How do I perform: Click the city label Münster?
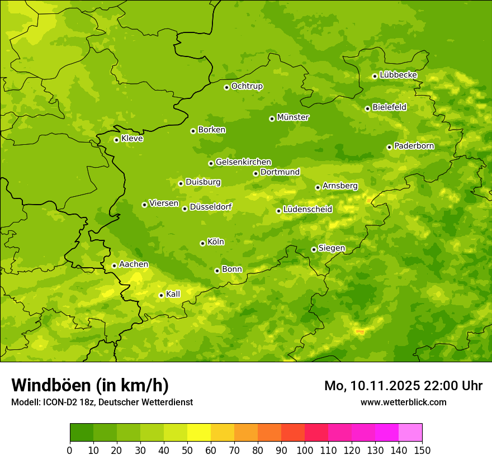tap(292, 117)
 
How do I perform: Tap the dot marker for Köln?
tap(202, 243)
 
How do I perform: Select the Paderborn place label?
tap(414, 146)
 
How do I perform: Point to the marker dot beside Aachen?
tap(114, 266)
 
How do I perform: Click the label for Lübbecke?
tap(398, 75)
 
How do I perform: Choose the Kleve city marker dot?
tap(116, 140)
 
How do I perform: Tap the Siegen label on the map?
tap(332, 248)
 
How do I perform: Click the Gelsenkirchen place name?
tap(243, 162)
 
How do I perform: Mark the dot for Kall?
tap(161, 295)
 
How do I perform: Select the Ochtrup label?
tap(247, 86)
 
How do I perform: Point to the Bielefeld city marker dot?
tap(367, 108)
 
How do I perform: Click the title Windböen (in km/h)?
tap(90, 385)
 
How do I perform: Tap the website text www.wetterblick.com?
tap(403, 402)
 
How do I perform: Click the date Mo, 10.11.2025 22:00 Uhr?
tap(403, 386)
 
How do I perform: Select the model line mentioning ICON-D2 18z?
tap(102, 402)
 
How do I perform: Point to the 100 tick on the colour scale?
tap(305, 450)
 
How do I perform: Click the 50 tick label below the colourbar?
tap(187, 450)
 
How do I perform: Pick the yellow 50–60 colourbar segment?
tap(199, 433)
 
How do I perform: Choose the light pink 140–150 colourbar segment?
tap(410, 433)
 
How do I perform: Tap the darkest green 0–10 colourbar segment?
tap(82, 433)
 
